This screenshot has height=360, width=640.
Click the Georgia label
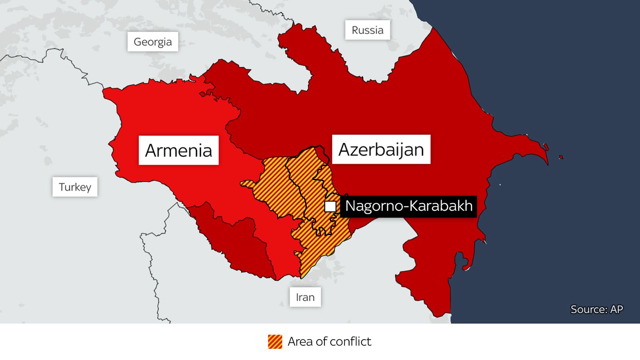[x=152, y=42]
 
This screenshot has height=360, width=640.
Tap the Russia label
[x=367, y=30]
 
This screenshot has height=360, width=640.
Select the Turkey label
[x=75, y=187]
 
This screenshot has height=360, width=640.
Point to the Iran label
[x=305, y=297]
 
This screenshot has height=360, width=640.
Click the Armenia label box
[x=178, y=150]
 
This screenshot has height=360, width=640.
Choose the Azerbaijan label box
[x=381, y=149]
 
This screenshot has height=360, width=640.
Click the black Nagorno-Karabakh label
[x=408, y=206]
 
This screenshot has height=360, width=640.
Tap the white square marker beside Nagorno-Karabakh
[x=330, y=206]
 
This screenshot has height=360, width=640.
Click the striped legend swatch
[x=275, y=342]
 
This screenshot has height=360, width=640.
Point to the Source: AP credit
[x=596, y=309]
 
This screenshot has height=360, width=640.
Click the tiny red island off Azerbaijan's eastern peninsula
[x=561, y=157]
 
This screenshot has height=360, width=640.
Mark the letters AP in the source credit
[x=616, y=309]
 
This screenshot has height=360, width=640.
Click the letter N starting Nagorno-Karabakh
[x=351, y=206]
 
